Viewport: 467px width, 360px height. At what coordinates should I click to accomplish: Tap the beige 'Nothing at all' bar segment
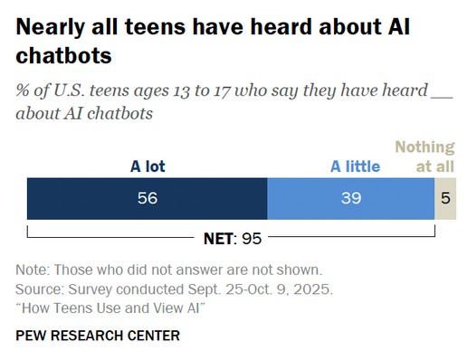443,199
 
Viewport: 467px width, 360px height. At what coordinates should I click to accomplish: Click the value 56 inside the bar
148,199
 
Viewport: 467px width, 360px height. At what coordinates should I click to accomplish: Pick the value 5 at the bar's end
444,199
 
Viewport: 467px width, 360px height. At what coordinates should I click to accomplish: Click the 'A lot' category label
148,166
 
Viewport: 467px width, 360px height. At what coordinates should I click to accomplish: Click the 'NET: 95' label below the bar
233,239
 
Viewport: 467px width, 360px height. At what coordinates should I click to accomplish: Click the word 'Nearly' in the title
52,27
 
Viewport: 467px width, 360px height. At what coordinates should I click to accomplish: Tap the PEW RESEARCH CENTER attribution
98,336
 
